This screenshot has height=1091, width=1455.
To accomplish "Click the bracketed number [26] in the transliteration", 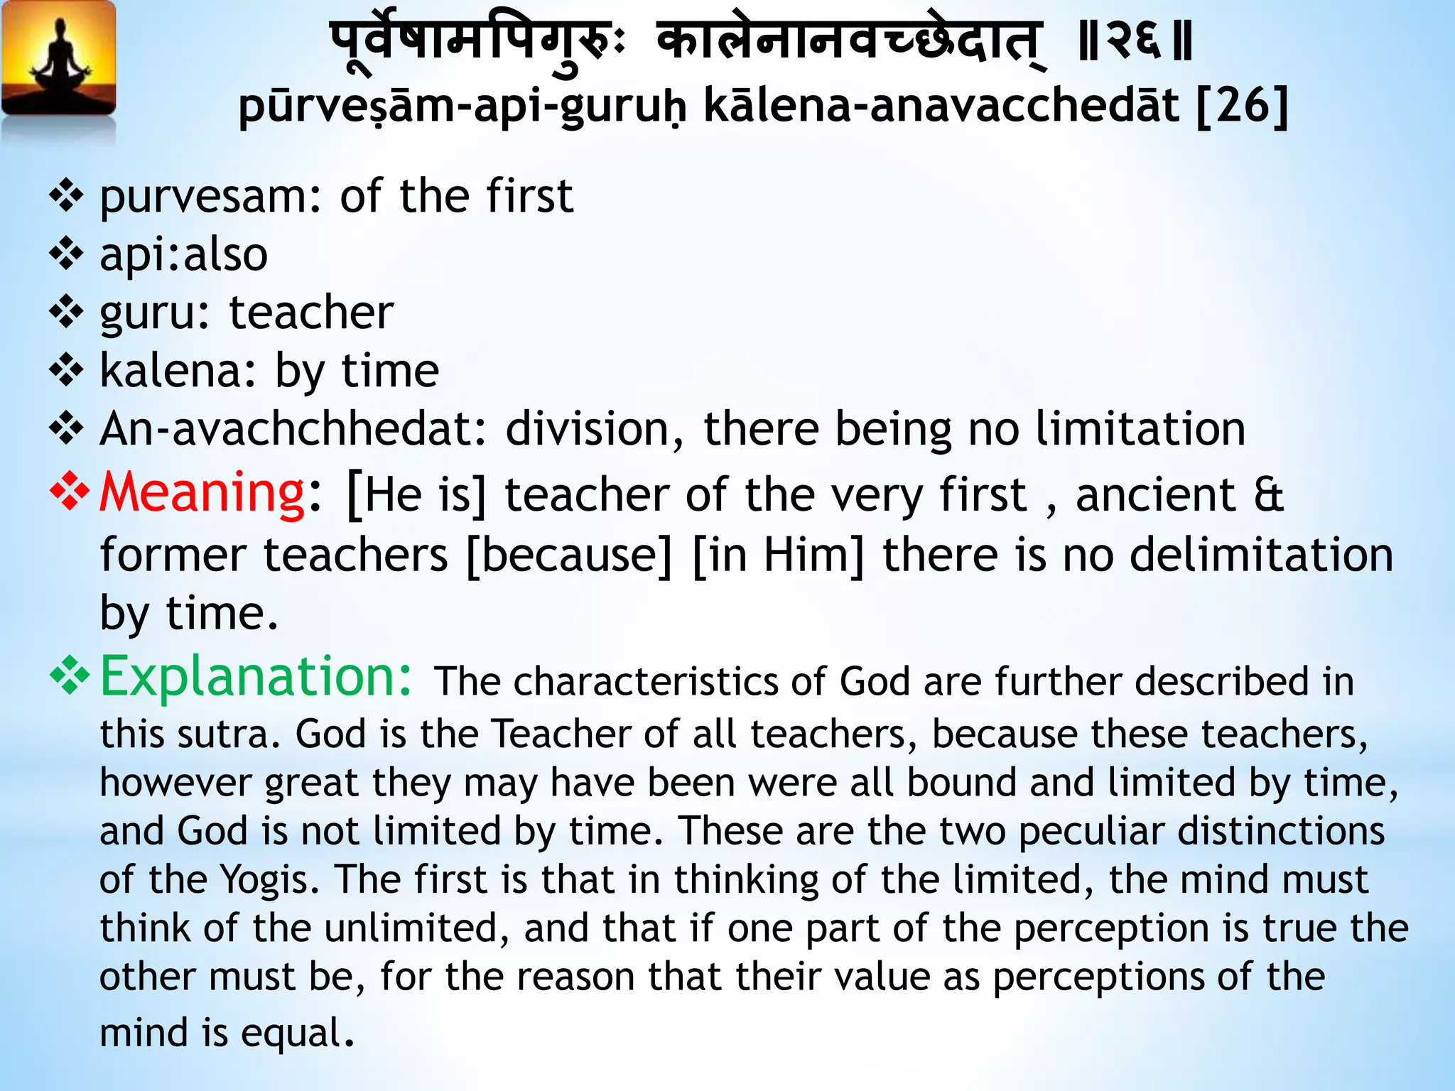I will tap(1243, 107).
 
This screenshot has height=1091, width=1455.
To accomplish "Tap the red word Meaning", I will tap(202, 493).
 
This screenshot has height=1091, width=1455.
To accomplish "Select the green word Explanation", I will tap(255, 677).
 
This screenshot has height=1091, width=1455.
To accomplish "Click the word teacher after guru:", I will tap(311, 313).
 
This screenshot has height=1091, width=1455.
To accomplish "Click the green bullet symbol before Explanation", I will tap(69, 675).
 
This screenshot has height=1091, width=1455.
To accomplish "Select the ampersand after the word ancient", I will tap(1269, 495).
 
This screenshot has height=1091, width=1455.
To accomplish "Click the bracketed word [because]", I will tap(569, 555).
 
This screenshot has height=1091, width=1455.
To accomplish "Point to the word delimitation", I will tap(1261, 555).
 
